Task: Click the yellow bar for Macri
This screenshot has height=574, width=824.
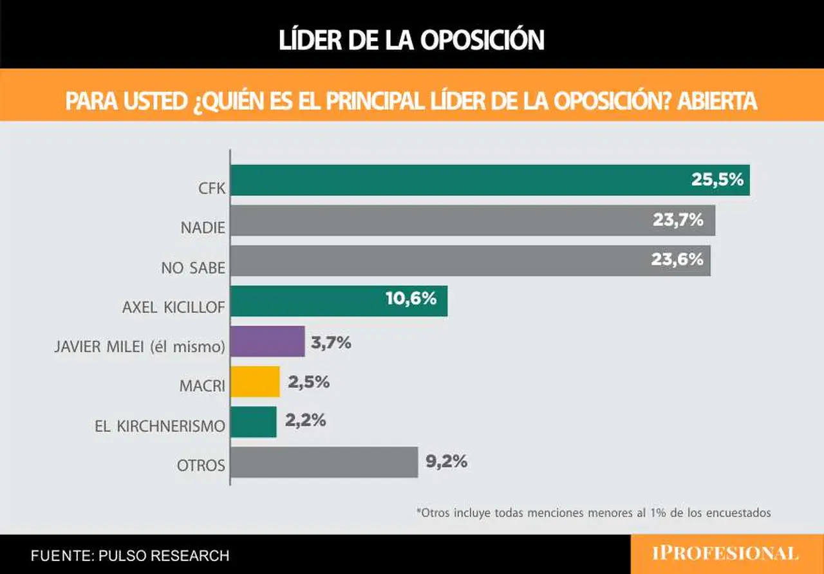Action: (x=256, y=382)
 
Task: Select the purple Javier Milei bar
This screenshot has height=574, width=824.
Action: (x=268, y=341)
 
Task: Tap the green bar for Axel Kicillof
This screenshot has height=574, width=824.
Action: (x=339, y=301)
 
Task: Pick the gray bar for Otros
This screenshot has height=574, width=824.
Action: (x=324, y=462)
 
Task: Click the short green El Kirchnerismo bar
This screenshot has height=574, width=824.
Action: (x=254, y=422)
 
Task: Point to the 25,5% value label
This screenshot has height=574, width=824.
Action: (x=718, y=180)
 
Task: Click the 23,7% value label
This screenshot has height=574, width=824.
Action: (x=678, y=220)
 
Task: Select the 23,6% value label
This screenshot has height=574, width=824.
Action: (x=677, y=259)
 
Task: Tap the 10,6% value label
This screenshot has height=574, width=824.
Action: (x=411, y=299)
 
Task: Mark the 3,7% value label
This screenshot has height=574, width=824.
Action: (x=331, y=343)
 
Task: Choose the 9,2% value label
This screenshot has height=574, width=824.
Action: (x=447, y=461)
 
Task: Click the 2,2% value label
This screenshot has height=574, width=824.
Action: (x=305, y=420)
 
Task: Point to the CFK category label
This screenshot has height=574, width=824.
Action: (x=212, y=189)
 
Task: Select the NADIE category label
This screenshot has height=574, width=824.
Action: (x=203, y=228)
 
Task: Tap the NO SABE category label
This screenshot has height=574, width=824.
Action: (x=193, y=268)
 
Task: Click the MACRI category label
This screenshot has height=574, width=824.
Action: (x=202, y=385)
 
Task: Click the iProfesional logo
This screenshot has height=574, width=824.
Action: (x=726, y=554)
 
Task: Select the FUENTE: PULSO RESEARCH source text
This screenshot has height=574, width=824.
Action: (x=130, y=555)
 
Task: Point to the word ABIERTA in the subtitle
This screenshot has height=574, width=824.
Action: (x=717, y=101)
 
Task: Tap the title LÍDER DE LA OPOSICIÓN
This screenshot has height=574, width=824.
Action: (x=411, y=39)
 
